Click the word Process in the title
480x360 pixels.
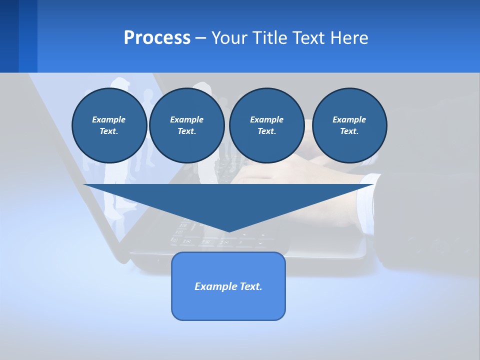pos(157,38)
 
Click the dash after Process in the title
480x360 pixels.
pos(200,38)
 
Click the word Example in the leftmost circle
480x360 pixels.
pos(109,119)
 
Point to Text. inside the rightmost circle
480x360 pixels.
pos(349,131)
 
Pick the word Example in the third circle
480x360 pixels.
pos(266,119)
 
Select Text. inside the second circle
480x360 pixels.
pos(186,131)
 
